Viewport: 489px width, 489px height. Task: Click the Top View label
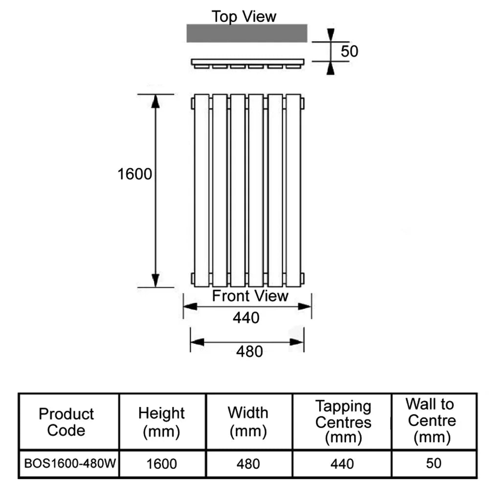[244, 16]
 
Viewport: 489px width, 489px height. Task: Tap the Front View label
[250, 296]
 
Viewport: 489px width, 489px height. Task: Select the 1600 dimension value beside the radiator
[135, 174]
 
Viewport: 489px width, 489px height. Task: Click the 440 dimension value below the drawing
[246, 318]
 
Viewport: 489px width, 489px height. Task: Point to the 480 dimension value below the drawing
[249, 351]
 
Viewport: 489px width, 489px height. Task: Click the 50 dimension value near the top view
[350, 51]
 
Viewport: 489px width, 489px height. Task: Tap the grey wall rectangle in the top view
[247, 33]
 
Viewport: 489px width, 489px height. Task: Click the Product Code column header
[66, 422]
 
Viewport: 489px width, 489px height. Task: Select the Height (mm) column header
[161, 422]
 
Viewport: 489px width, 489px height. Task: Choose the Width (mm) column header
[248, 422]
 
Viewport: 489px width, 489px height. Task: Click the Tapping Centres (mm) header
[343, 422]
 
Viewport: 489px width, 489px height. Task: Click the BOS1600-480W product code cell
[68, 463]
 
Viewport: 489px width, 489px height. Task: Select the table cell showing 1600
[162, 463]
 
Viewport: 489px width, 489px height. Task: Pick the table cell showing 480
[248, 463]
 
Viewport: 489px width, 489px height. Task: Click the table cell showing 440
[342, 463]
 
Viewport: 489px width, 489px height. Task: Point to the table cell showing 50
[433, 463]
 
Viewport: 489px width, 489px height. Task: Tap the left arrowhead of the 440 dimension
[190, 307]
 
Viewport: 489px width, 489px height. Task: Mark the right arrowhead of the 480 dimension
[297, 342]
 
